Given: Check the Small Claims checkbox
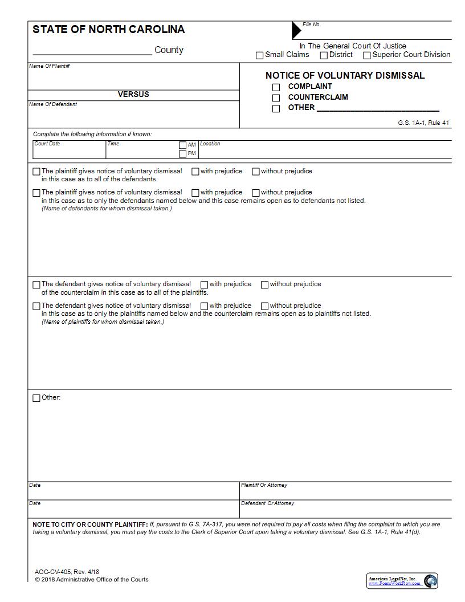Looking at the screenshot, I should click(x=260, y=55).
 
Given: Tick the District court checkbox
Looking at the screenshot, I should click(x=324, y=55).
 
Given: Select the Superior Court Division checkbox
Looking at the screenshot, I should click(x=367, y=55).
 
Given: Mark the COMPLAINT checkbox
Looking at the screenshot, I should click(x=276, y=87).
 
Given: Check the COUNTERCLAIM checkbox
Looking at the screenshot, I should click(x=276, y=97).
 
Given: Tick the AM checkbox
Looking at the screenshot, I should click(x=182, y=145).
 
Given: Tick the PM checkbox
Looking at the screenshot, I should click(x=182, y=153).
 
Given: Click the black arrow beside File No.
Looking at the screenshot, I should click(x=296, y=30).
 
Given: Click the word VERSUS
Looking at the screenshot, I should click(x=133, y=95).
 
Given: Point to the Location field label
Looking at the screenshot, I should click(x=210, y=144).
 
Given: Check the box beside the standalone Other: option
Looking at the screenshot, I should click(x=36, y=398).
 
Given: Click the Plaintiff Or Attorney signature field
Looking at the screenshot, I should click(x=345, y=493).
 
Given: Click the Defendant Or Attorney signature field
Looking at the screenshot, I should click(x=345, y=511).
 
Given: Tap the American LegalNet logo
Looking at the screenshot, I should click(x=402, y=581).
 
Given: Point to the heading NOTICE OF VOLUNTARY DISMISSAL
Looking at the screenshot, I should click(x=345, y=75).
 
